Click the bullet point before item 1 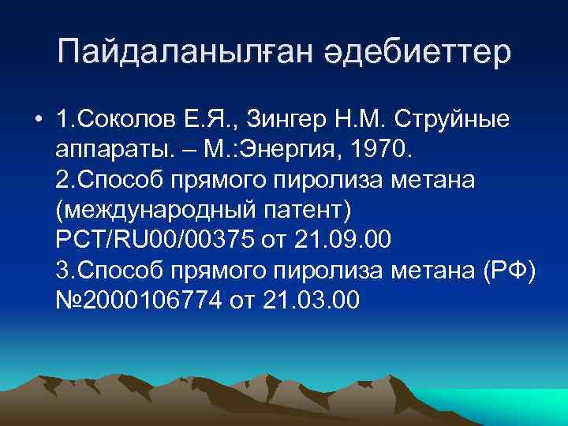coord(38,120)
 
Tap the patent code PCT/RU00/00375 coord(155,240)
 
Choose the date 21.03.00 coord(313,300)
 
